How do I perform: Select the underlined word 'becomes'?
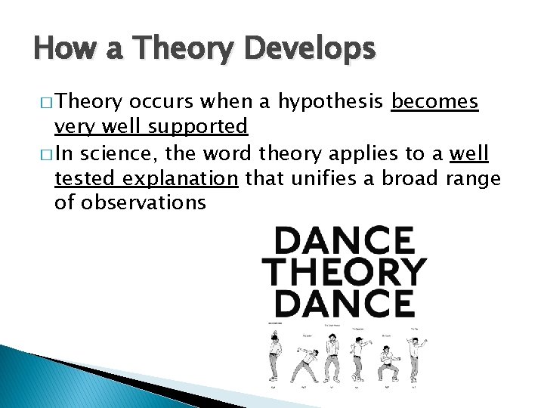(x=434, y=103)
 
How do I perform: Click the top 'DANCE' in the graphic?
(x=345, y=242)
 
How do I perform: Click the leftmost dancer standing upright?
(x=274, y=355)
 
